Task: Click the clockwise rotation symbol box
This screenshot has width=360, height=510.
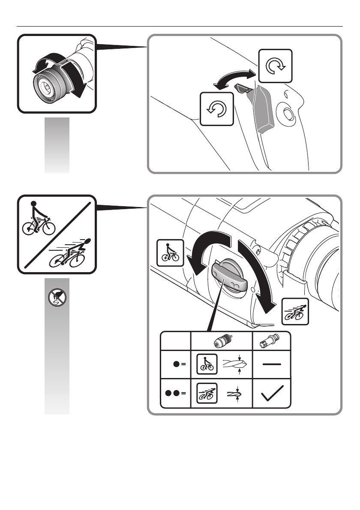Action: click(x=275, y=66)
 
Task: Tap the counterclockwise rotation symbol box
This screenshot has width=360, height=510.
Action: click(x=217, y=110)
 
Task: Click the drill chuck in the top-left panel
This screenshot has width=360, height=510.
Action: click(x=50, y=83)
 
